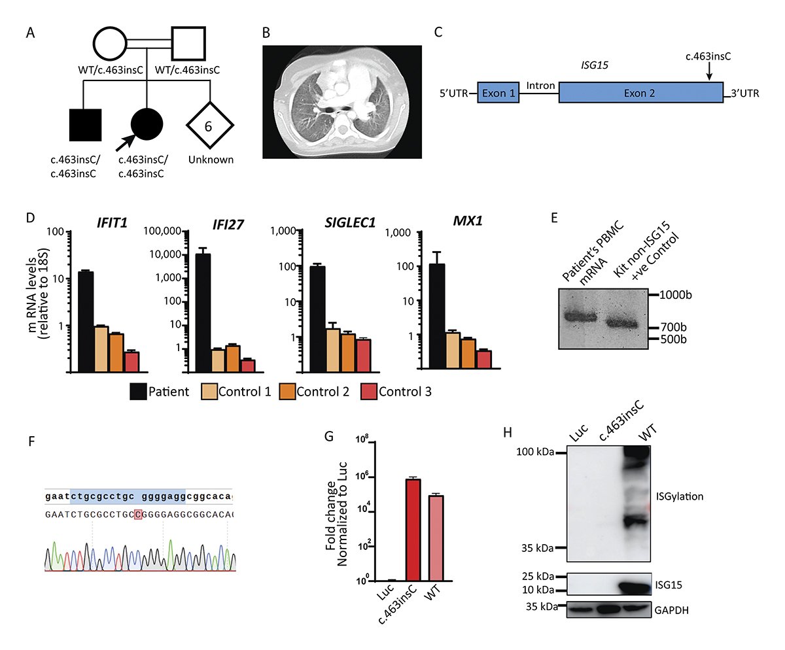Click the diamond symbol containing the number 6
pos(210,125)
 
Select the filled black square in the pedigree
pos(85,125)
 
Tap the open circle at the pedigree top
pos(110,43)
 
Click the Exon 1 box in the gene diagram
pos(498,92)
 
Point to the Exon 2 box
pos(641,92)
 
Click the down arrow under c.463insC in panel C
pos(709,71)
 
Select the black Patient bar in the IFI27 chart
pos(203,313)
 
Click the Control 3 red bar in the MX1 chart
pos(484,360)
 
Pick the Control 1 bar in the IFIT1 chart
pos(101,349)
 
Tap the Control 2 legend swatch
pos(287,391)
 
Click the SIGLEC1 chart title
pos(350,222)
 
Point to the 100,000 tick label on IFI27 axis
pos(163,231)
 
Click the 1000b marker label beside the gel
pos(675,295)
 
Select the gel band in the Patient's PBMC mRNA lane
pos(580,316)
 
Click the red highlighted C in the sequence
pos(138,514)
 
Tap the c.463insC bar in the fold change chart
pos(413,530)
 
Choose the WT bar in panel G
pos(436,538)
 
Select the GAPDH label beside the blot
pos(671,610)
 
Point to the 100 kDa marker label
pos(535,451)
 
